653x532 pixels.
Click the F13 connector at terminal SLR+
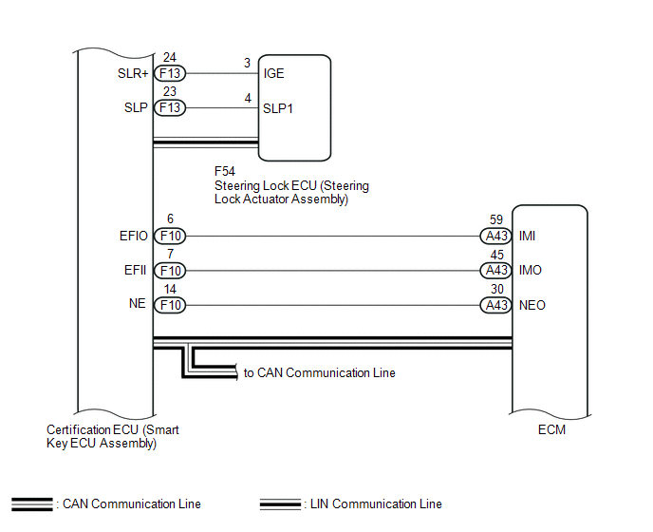tap(170, 73)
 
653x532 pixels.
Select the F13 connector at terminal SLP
tap(170, 107)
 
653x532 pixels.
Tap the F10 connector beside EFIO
tap(170, 236)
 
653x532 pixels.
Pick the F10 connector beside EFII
tap(170, 271)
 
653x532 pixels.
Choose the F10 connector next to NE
tap(170, 305)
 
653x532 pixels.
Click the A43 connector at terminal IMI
tap(496, 236)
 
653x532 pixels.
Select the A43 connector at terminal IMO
tap(496, 270)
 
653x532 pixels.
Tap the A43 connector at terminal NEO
tap(496, 305)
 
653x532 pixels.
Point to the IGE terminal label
tap(273, 73)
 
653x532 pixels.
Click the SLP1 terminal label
tap(278, 108)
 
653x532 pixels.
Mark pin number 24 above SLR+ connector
tap(170, 57)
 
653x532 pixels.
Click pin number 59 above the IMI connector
tap(496, 219)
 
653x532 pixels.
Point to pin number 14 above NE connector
tap(170, 289)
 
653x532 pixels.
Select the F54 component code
tap(224, 171)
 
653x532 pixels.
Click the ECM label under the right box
tap(551, 429)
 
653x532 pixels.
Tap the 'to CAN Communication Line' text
tap(320, 372)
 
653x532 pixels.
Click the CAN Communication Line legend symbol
tap(32, 504)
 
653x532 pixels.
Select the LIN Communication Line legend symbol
tap(280, 504)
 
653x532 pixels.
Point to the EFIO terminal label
tap(133, 236)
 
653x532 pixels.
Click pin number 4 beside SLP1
tap(248, 99)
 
